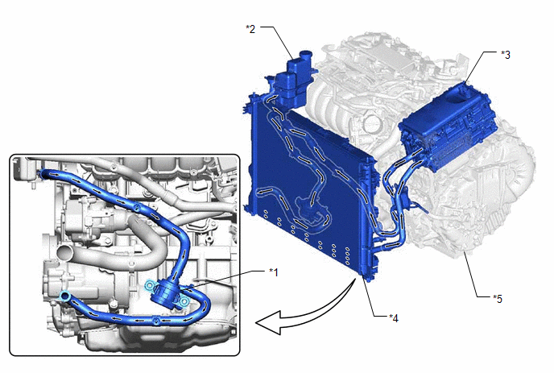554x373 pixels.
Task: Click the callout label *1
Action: (274, 272)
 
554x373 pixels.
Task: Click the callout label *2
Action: (250, 29)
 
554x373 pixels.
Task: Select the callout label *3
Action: (506, 55)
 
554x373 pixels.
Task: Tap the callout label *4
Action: (394, 318)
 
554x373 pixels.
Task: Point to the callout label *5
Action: (498, 299)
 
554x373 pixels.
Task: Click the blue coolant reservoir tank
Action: (292, 81)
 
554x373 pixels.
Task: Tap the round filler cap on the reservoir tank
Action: (304, 55)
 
